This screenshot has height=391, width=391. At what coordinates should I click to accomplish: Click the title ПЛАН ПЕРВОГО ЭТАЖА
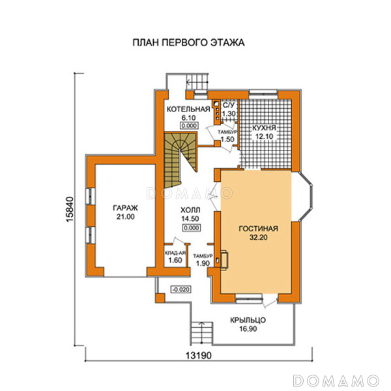(x=188, y=42)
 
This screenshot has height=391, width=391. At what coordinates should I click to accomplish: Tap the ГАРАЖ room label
(x=125, y=208)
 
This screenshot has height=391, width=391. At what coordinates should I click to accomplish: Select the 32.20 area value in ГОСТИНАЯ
(x=259, y=237)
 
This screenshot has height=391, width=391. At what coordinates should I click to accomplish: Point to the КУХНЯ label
(x=264, y=128)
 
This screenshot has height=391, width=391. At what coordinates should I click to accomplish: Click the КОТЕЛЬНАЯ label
(x=188, y=109)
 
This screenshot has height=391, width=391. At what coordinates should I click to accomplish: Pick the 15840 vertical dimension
(x=70, y=209)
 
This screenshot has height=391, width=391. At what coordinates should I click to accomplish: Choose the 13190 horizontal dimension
(x=199, y=356)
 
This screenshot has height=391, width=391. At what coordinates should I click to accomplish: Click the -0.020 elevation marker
(x=181, y=289)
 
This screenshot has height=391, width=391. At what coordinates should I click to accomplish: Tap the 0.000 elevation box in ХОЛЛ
(x=191, y=228)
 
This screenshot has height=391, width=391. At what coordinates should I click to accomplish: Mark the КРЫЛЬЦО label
(x=248, y=320)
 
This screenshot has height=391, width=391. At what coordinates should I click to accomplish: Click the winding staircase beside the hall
(x=180, y=160)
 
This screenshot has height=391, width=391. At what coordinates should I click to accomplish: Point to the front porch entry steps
(x=202, y=334)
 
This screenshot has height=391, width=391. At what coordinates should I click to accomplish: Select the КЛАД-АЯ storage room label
(x=175, y=253)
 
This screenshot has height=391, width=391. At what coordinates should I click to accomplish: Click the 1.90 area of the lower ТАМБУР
(x=203, y=263)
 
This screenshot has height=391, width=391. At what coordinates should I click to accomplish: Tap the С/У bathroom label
(x=228, y=105)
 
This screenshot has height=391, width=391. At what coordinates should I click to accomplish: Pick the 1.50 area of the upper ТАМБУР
(x=227, y=139)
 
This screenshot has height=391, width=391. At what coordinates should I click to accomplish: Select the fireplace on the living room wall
(x=223, y=260)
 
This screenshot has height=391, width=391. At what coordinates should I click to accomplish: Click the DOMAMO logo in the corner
(x=336, y=381)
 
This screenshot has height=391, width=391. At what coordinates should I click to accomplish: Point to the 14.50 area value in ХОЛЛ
(x=190, y=219)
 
